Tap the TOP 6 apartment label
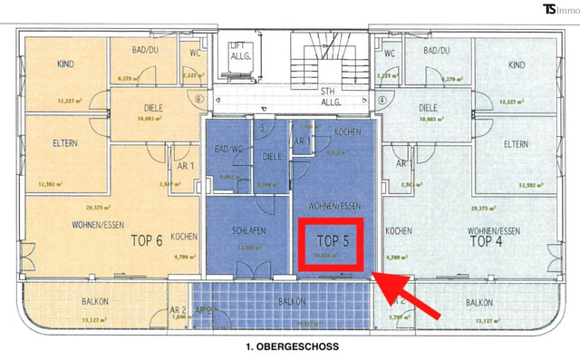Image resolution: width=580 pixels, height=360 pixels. coord(147,241)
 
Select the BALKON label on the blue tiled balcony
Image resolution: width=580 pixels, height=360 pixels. coord(291,301)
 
